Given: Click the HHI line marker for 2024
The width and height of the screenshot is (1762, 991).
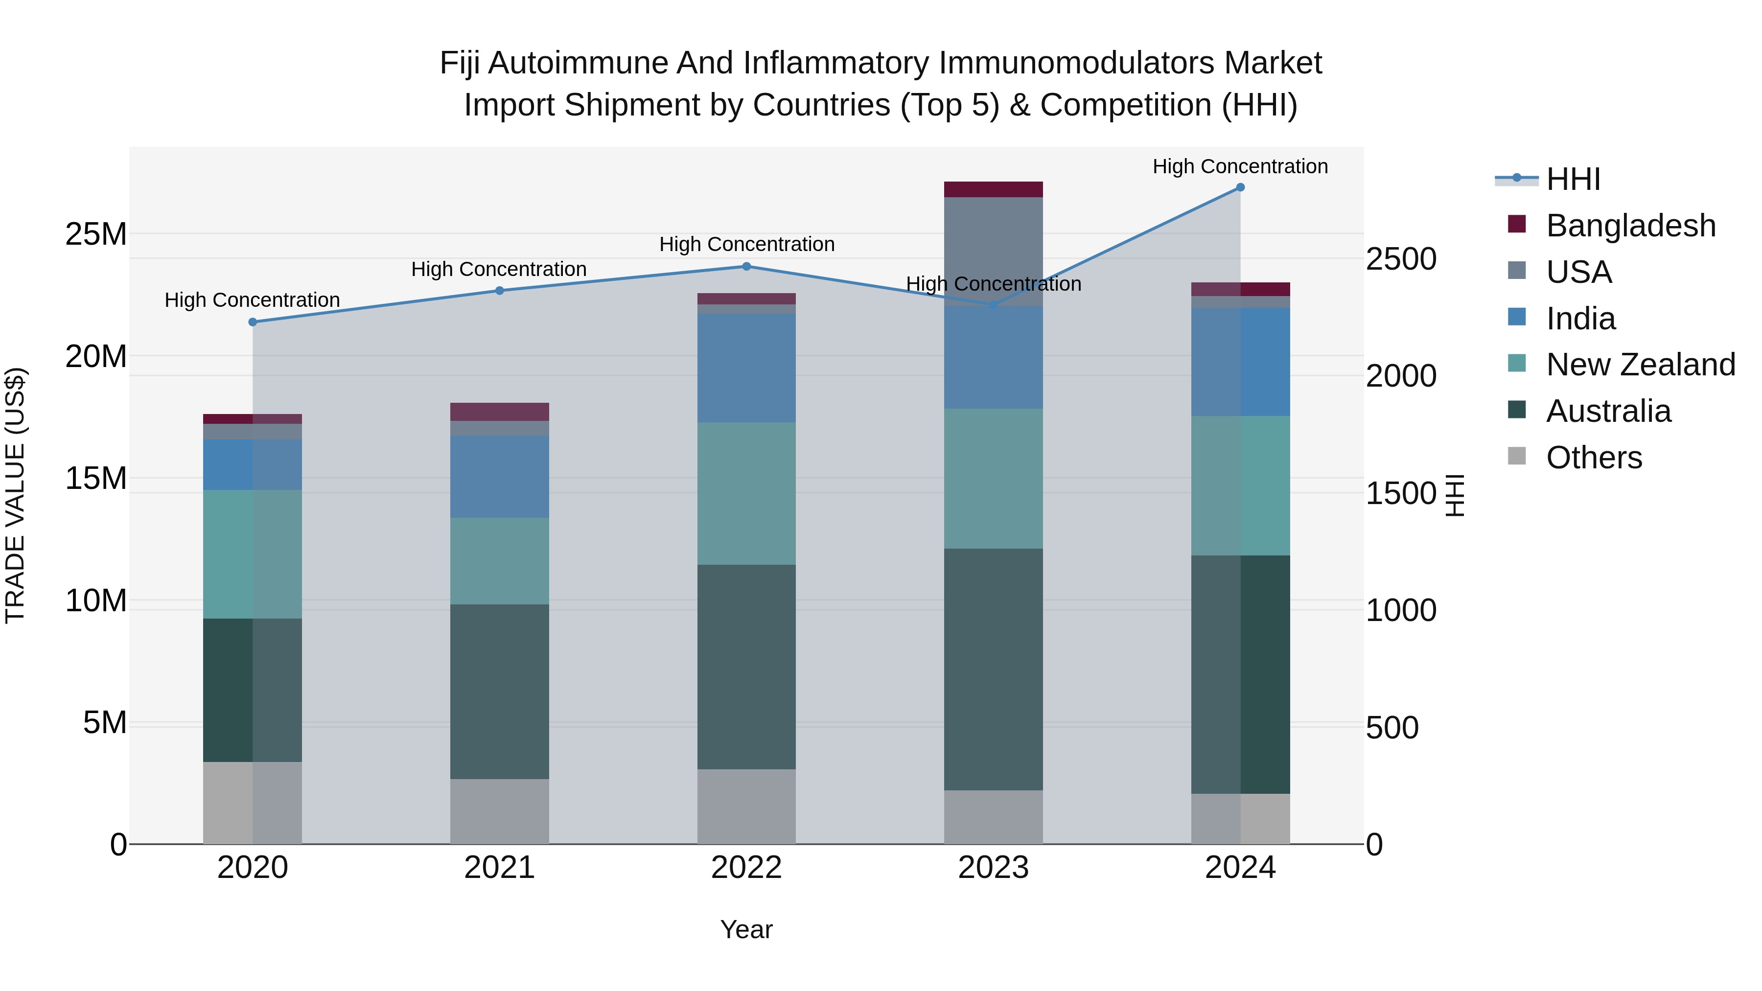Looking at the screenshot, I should tap(1240, 187).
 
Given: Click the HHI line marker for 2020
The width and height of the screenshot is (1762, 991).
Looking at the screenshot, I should tap(253, 322).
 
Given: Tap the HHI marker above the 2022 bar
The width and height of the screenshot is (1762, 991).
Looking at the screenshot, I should tap(746, 267).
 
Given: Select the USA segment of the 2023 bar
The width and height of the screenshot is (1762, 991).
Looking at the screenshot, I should tap(993, 251).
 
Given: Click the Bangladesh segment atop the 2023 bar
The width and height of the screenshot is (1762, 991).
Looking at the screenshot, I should tap(993, 189).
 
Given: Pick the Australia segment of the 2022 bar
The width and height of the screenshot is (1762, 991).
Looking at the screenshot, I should tap(746, 667).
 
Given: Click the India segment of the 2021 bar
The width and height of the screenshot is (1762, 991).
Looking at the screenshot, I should tap(499, 477).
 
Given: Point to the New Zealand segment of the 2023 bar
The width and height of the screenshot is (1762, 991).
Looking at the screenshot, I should tap(993, 479).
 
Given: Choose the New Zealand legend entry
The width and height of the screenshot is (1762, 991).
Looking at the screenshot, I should tap(1640, 365).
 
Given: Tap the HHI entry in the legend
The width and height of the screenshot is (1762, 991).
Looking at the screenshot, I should tap(1573, 179).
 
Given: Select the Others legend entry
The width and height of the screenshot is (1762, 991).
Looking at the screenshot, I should tap(1593, 458).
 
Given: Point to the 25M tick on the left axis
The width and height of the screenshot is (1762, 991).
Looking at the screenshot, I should tap(96, 234).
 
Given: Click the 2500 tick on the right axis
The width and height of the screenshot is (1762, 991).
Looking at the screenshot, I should tap(1401, 259).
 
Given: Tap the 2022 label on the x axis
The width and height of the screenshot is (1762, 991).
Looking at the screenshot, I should tap(746, 868).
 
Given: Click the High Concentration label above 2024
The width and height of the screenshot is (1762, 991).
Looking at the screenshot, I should tap(1240, 166).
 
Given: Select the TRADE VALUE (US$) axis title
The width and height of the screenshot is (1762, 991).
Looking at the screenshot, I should tap(15, 496).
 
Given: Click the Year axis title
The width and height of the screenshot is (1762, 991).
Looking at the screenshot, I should tap(746, 929).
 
